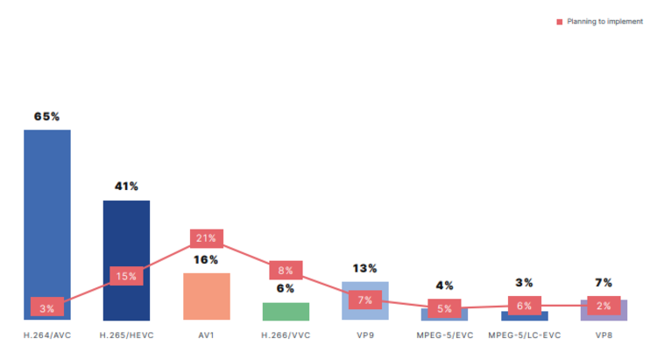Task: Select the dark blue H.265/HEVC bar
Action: [x=126, y=236]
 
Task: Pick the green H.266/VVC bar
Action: [x=286, y=313]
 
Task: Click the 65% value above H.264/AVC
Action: [x=46, y=116]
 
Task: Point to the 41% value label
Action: [x=126, y=186]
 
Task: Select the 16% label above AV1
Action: [x=207, y=259]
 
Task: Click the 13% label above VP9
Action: [x=365, y=268]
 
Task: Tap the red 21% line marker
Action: [x=207, y=238]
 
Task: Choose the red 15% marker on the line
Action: [x=126, y=276]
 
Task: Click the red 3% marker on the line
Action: [x=46, y=307]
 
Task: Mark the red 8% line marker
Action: [x=286, y=271]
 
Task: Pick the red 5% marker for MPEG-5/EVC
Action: [x=444, y=308]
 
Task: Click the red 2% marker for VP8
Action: [x=604, y=306]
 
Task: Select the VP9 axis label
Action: [x=365, y=335]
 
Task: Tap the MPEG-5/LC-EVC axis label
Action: [x=524, y=335]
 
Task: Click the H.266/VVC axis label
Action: [x=286, y=335]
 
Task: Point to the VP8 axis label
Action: [x=604, y=335]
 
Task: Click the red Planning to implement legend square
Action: [x=560, y=22]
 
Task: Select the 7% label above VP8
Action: [x=604, y=283]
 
